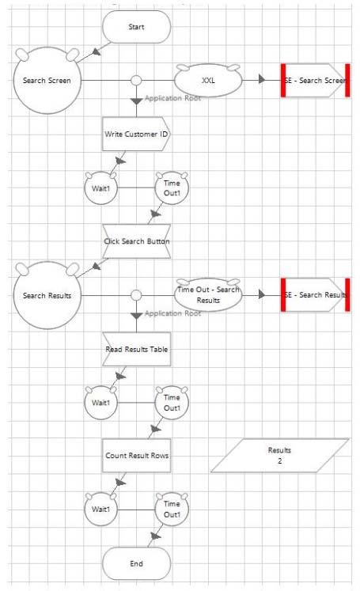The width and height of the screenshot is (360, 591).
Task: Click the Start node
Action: (x=136, y=27)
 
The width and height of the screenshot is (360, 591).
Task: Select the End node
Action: (x=136, y=563)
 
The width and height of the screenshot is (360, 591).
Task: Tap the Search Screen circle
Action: (x=47, y=80)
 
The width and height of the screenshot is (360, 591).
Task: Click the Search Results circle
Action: (x=47, y=296)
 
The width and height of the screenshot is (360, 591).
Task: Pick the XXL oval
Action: (x=208, y=80)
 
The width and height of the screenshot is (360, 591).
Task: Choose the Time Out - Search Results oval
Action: (x=208, y=295)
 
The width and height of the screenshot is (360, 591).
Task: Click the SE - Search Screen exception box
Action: (x=316, y=80)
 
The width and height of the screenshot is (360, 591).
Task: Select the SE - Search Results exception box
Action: (x=316, y=295)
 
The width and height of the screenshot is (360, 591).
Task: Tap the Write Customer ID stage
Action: (x=136, y=134)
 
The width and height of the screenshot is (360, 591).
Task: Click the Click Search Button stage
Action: (x=136, y=241)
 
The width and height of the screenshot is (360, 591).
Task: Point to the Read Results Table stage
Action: (x=136, y=349)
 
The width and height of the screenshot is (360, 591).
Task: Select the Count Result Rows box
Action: (x=136, y=456)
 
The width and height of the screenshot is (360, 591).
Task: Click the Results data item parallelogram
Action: (x=280, y=455)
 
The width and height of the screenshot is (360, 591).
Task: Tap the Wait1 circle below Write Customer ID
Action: (x=100, y=188)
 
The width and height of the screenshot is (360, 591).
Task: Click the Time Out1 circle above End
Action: (x=172, y=510)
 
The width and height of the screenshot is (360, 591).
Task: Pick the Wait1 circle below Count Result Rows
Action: (x=100, y=510)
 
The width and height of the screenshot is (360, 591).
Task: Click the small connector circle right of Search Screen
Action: (x=136, y=80)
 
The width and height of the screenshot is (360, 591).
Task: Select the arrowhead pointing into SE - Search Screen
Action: (x=262, y=80)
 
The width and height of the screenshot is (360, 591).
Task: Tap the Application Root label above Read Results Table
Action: (x=172, y=313)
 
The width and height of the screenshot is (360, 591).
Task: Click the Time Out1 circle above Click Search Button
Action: (x=172, y=188)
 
